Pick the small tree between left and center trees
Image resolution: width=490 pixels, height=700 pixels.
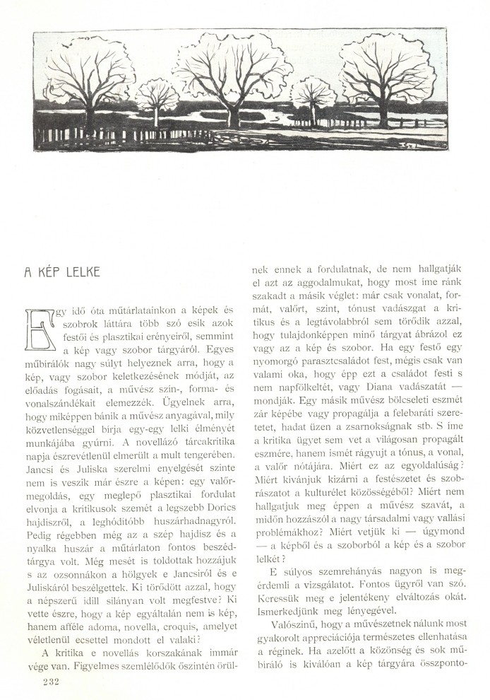click(x=157, y=99)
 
